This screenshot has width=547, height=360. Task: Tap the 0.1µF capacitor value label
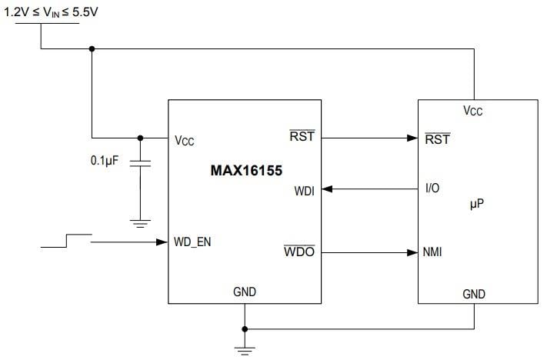click(x=106, y=163)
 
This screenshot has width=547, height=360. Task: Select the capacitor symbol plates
click(x=140, y=164)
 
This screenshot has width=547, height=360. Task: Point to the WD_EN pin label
click(x=192, y=242)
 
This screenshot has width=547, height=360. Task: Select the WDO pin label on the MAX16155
click(x=299, y=252)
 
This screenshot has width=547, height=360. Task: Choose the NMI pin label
click(x=433, y=252)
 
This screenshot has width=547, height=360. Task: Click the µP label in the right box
click(x=477, y=204)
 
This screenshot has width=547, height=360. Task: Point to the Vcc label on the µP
click(x=473, y=112)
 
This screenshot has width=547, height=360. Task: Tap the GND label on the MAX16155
click(x=245, y=292)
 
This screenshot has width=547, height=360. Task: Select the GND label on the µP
click(x=474, y=294)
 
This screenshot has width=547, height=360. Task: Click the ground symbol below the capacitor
click(x=140, y=224)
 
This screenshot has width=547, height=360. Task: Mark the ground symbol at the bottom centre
click(x=245, y=350)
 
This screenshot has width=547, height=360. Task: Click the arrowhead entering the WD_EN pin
click(x=162, y=242)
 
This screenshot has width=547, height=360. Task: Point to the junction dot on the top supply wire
click(x=92, y=49)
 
